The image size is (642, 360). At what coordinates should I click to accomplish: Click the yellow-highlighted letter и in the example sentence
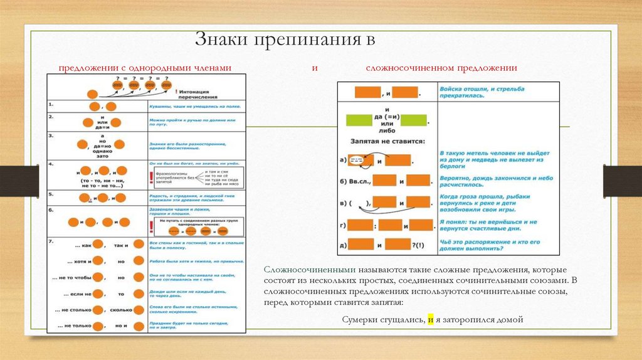coord(430,319)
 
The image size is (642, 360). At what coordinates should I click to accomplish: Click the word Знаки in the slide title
coord(218,41)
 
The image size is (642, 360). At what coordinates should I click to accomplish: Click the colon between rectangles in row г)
coord(376,225)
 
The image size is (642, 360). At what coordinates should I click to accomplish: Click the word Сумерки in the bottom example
coord(360,319)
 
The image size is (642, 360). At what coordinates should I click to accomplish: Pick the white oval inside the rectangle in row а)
coord(356,159)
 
